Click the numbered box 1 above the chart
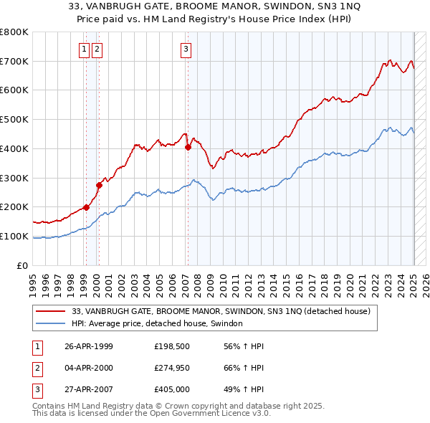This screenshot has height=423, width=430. coord(84,49)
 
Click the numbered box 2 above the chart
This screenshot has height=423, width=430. coord(97,49)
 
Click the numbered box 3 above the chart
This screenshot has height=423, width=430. coord(186,49)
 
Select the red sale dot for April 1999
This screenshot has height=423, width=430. coord(86,207)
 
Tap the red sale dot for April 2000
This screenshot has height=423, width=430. coord(99,185)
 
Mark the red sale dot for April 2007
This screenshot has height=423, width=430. coord(188,147)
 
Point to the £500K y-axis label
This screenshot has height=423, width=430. coord(14,119)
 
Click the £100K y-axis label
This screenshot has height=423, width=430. coord(14,236)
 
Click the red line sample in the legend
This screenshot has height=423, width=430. coord(52,311)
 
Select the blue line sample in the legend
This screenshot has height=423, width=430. coord(52,323)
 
